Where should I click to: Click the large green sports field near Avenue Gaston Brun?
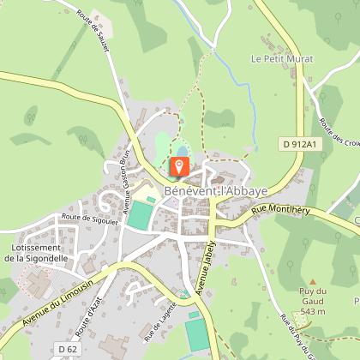pos(138,215)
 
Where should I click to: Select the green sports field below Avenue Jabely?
pos(196,329)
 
